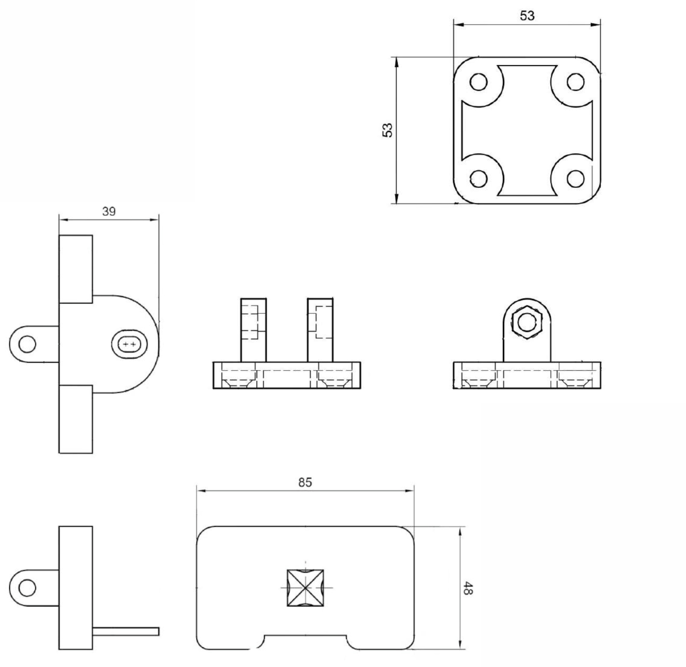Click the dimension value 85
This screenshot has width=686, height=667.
[305, 483]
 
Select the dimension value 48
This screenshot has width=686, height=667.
[468, 588]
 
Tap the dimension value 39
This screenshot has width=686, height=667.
[109, 211]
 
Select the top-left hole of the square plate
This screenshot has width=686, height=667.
[478, 82]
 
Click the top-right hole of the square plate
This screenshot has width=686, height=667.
[575, 82]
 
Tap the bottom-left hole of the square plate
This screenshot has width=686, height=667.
[478, 179]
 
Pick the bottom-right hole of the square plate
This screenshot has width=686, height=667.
[575, 179]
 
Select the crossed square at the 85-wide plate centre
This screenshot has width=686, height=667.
[305, 587]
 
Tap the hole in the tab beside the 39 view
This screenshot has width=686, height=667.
[27, 344]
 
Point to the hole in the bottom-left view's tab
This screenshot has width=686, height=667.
[27, 587]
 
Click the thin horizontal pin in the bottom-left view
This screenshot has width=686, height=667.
[126, 631]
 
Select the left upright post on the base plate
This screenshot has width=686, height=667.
[253, 330]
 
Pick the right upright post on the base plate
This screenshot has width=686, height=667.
[320, 330]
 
